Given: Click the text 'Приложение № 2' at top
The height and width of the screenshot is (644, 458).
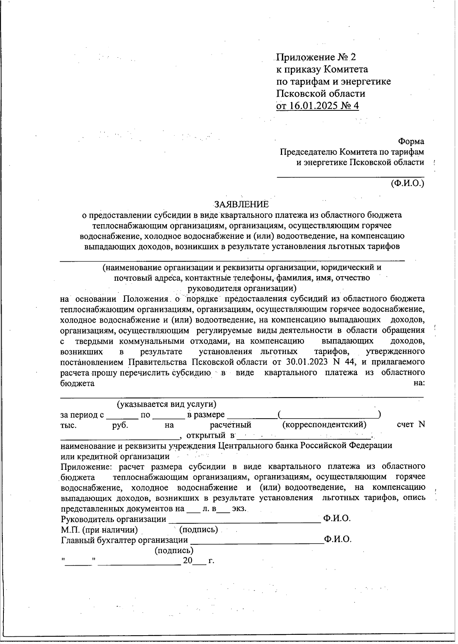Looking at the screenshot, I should [x=316, y=57].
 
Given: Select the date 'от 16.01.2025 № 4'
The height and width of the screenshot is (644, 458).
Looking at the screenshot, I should [x=318, y=106].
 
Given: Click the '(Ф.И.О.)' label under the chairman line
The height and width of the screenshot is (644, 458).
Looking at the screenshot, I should [x=407, y=183].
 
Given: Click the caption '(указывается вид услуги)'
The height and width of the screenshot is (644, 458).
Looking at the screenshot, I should [x=167, y=404].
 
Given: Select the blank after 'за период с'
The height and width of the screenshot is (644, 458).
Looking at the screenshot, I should [x=122, y=415].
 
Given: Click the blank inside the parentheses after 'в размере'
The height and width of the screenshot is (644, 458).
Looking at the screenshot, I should [x=329, y=415].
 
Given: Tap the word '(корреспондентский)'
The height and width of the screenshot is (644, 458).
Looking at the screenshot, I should [x=324, y=425].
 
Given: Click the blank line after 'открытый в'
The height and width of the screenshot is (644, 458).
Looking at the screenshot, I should [x=303, y=436].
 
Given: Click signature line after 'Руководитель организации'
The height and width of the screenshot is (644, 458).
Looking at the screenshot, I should [x=244, y=519].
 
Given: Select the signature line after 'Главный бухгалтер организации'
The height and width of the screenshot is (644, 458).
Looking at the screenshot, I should [x=256, y=540].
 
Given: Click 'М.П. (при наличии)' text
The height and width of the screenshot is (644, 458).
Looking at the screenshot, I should [x=99, y=530].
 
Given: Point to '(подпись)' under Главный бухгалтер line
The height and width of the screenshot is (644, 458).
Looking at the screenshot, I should [x=174, y=550].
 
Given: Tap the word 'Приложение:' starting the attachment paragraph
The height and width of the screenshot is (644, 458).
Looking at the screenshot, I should [x=88, y=466].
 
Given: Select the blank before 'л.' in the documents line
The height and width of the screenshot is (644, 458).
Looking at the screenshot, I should [x=194, y=509].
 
